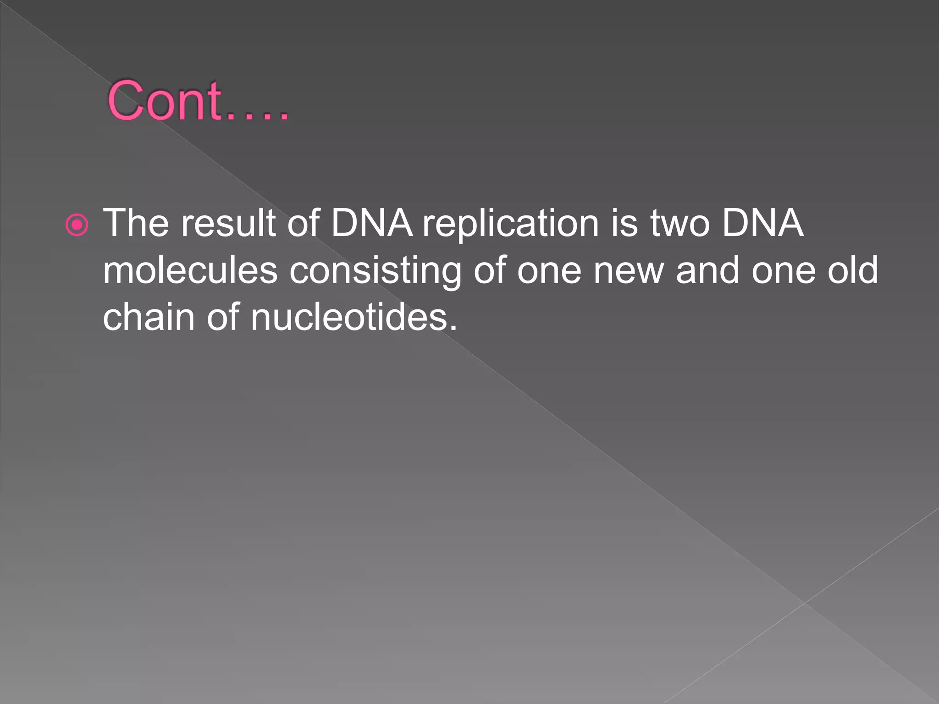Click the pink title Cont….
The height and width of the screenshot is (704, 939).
[x=198, y=101]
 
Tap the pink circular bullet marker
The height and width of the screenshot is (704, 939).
[x=77, y=225]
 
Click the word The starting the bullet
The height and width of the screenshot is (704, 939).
[x=136, y=223]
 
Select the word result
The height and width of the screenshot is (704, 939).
[x=228, y=223]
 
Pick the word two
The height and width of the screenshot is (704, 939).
[x=680, y=223]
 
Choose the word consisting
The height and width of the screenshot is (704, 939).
[x=375, y=271]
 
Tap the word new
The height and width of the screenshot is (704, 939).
[x=629, y=271]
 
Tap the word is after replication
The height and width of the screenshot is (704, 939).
[x=624, y=223]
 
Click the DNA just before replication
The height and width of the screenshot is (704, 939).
[x=371, y=223]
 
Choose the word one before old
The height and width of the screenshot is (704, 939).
[x=784, y=271]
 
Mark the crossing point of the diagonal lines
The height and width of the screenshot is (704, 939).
[x=805, y=603]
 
